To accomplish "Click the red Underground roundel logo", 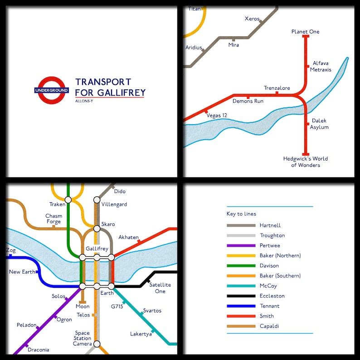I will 51,90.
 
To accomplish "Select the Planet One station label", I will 305,32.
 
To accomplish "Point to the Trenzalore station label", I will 277,88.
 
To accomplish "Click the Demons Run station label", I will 248,101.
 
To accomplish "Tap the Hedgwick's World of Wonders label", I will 305,162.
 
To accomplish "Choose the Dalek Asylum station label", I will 319,124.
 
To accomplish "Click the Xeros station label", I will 252,19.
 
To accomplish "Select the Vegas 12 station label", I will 217,116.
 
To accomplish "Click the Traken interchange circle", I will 68,199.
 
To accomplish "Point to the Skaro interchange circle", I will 97,228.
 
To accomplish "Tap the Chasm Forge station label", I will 54,219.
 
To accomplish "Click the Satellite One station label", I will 160,288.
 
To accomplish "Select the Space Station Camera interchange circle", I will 97,344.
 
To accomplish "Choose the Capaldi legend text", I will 270,326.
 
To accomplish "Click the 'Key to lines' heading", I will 241,214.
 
